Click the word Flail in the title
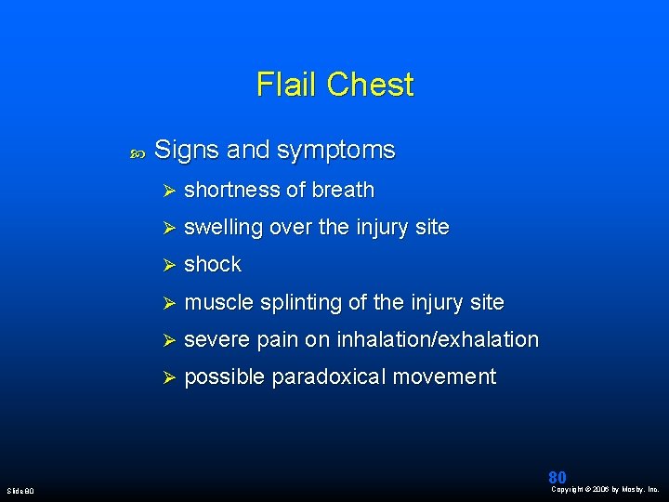coord(286,84)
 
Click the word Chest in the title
coord(371,84)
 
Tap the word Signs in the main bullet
coord(187,151)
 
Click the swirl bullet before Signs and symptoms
coord(138,153)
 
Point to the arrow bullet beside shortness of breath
coord(169,191)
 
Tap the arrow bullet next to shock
coord(169,265)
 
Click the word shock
coord(213,264)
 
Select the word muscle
coord(219,302)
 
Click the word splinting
coord(301,303)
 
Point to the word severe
coord(216,340)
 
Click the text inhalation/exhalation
coord(438,339)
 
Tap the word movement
coord(444,377)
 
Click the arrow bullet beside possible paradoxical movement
coord(169,377)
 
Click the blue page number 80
coord(557,477)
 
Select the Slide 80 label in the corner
coord(20,491)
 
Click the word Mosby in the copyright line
coord(634,490)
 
